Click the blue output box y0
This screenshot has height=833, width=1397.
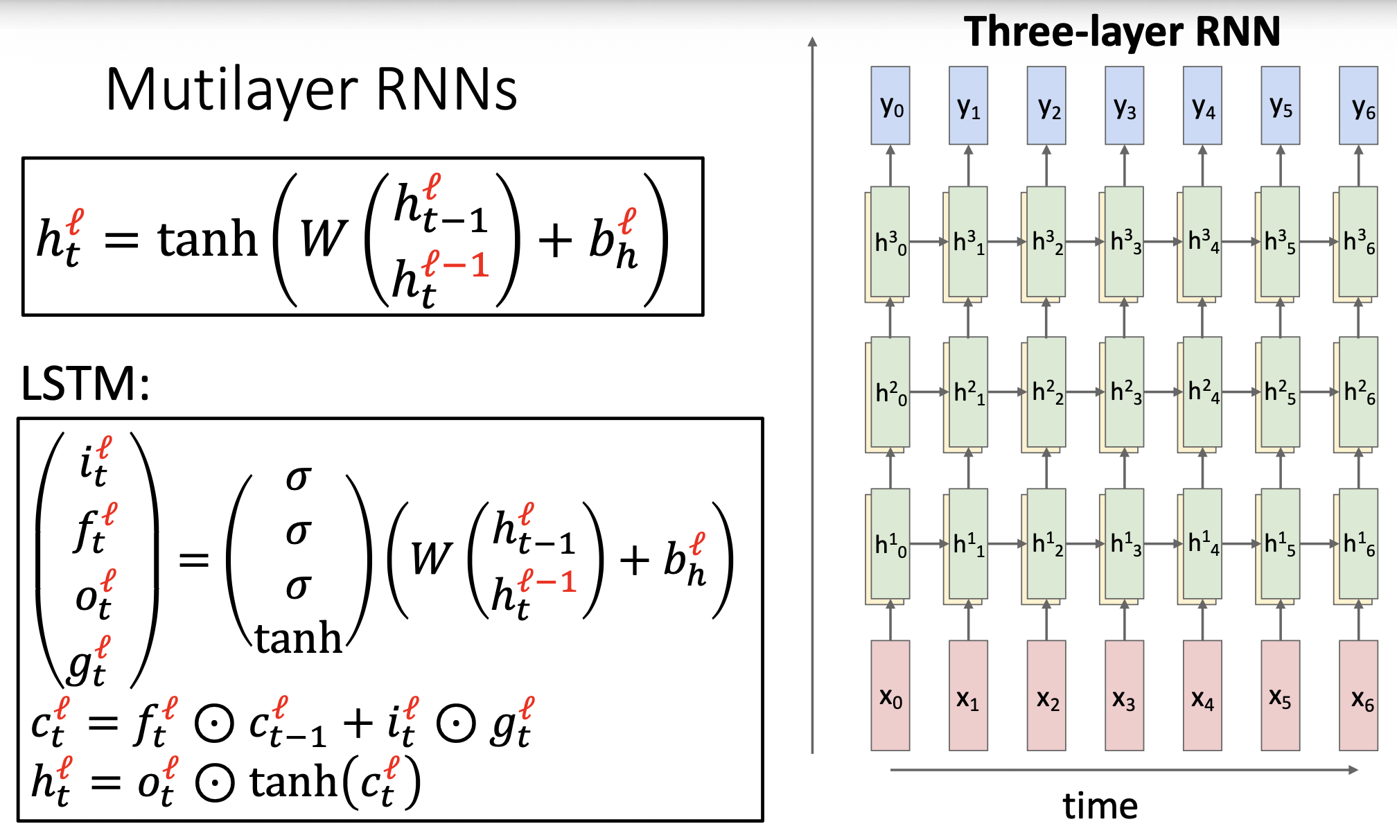point(890,105)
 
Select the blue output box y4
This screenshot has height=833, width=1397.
point(1202,105)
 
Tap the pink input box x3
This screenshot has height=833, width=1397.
point(1124,695)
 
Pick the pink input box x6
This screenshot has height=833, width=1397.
point(1358,695)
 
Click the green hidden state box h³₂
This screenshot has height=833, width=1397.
point(1046,241)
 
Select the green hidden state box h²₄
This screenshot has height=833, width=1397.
point(1202,392)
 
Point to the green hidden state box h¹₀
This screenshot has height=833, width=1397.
point(890,544)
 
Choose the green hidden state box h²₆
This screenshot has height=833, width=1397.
point(1358,392)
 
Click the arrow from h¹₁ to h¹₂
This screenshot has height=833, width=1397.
point(1007,544)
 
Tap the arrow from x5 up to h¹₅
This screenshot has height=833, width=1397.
point(1281,620)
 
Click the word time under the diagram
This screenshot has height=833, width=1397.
point(1100,806)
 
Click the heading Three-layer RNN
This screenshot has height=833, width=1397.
point(1122,32)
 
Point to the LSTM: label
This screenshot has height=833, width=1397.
point(85,383)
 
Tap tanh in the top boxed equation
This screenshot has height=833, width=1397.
point(207,239)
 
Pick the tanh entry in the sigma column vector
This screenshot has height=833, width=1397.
point(298,638)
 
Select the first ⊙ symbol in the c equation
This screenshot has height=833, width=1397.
point(214,724)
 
